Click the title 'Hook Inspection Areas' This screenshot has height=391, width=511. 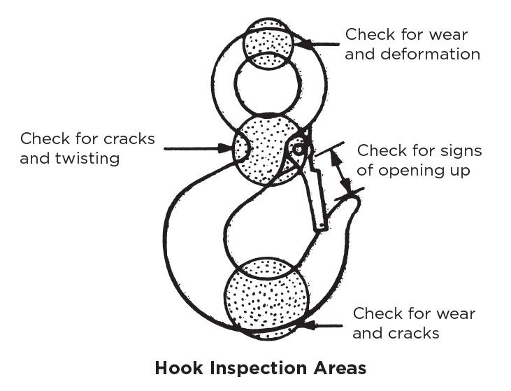point(260,368)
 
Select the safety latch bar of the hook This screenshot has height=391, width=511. point(315,192)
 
